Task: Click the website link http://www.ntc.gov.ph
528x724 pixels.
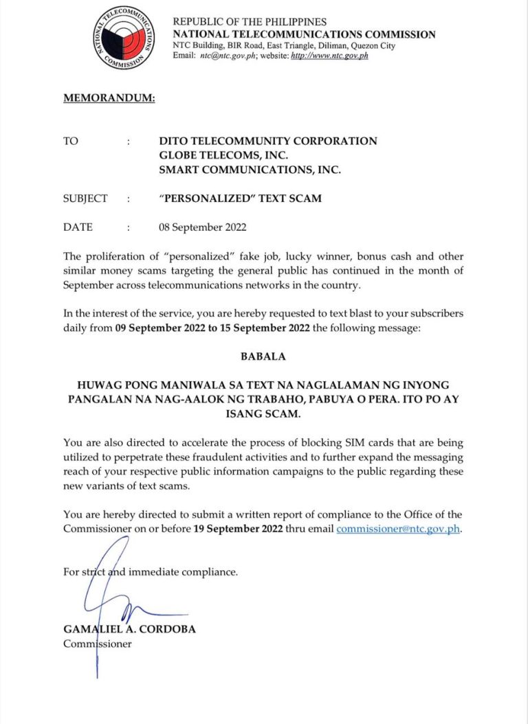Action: (330, 56)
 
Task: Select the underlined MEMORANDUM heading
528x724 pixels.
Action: (109, 98)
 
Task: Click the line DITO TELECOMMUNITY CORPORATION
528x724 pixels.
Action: (267, 141)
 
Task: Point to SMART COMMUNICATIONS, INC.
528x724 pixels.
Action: (250, 170)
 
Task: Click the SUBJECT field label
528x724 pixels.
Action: (85, 199)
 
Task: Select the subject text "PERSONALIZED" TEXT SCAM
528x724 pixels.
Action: (240, 199)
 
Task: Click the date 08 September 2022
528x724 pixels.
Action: (202, 227)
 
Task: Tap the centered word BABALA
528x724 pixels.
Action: (263, 357)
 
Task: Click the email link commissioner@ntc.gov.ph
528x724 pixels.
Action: (397, 529)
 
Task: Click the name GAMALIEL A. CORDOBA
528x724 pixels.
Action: (129, 629)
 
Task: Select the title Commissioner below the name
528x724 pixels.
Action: (97, 644)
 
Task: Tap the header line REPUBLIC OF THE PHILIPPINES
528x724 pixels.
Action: (250, 22)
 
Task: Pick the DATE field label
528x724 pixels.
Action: (78, 227)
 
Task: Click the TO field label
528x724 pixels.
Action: (71, 141)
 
